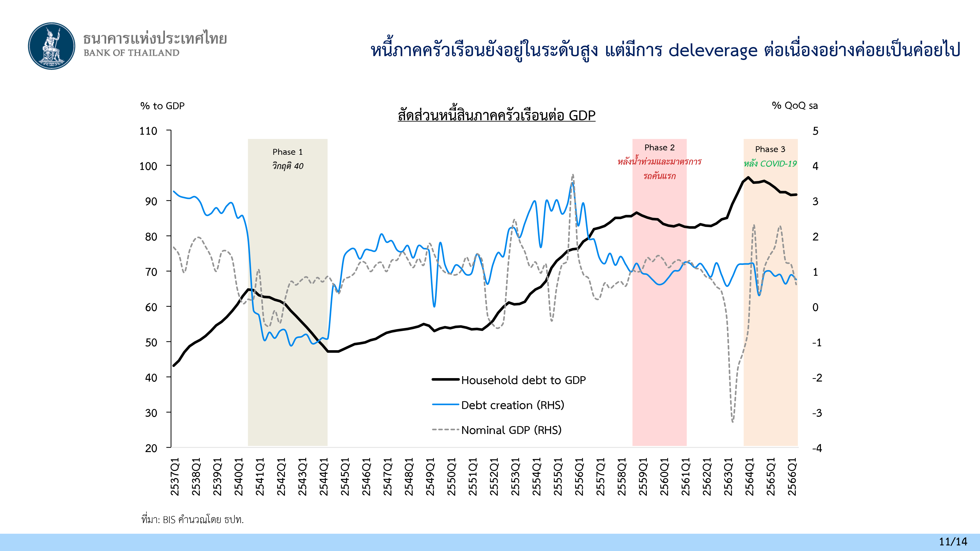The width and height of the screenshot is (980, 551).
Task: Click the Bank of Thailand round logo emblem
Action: click(x=52, y=46)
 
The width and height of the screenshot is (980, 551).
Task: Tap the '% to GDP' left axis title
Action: click(x=162, y=106)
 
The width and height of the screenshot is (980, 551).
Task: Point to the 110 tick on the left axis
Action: click(x=148, y=131)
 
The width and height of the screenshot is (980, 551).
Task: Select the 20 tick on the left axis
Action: click(x=151, y=448)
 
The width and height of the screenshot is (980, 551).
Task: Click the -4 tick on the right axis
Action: click(x=817, y=448)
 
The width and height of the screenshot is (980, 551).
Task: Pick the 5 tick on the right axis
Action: click(x=815, y=131)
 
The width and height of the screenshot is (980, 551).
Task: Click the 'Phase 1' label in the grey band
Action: click(x=288, y=152)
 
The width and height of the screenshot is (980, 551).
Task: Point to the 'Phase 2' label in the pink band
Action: click(x=659, y=147)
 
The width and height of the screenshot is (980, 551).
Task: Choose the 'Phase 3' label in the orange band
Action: click(x=770, y=149)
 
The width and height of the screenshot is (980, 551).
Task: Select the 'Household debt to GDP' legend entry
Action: click(x=523, y=380)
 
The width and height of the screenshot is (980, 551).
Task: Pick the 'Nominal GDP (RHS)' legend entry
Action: click(x=511, y=430)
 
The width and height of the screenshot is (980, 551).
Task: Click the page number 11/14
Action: click(x=953, y=541)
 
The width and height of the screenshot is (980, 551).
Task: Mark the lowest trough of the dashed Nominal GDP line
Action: click(x=732, y=421)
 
